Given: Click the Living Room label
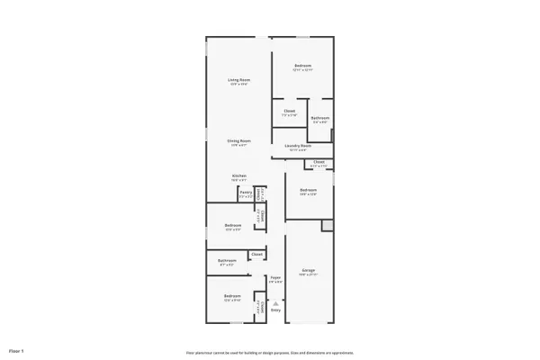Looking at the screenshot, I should pyautogui.click(x=238, y=80).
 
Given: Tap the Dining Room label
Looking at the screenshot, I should pyautogui.click(x=238, y=140).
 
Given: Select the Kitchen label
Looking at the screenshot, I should pyautogui.click(x=238, y=175).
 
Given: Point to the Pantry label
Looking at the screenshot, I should pyautogui.click(x=246, y=192).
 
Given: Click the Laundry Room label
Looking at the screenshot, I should pyautogui.click(x=298, y=146).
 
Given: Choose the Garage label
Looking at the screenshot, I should pyautogui.click(x=309, y=270).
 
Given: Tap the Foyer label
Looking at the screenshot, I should pyautogui.click(x=275, y=277).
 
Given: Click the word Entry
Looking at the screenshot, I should pyautogui.click(x=275, y=310).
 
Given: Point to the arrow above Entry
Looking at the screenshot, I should pyautogui.click(x=275, y=303).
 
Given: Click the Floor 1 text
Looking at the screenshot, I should pyautogui.click(x=16, y=349).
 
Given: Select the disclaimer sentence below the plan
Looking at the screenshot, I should pyautogui.click(x=270, y=353).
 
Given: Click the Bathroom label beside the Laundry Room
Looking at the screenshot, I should pyautogui.click(x=319, y=118).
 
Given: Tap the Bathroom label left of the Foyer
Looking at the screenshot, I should pyautogui.click(x=226, y=261).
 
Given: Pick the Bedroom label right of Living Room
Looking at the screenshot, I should pyautogui.click(x=302, y=66).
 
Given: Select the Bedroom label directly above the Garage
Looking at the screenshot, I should pyautogui.click(x=308, y=190).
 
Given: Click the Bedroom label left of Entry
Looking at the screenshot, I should pyautogui.click(x=232, y=296).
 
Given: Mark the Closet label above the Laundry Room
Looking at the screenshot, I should pyautogui.click(x=289, y=112).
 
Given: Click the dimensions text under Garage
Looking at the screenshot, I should pyautogui.click(x=309, y=274).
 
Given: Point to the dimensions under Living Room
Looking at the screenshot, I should pyautogui.click(x=238, y=85).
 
